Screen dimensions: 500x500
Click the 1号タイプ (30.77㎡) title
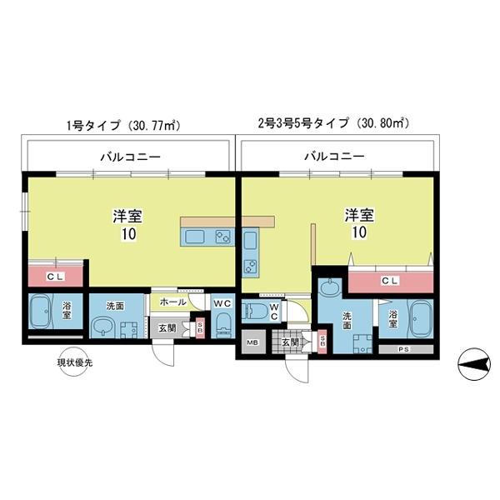124,126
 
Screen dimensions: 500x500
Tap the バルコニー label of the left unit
131,156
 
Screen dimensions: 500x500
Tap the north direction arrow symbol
472,362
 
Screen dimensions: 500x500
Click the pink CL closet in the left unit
55,275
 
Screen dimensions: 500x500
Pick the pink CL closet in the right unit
388,282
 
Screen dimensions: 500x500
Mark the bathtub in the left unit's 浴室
43,313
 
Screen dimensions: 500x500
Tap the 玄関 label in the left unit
166,327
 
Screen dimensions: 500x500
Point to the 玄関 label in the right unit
288,342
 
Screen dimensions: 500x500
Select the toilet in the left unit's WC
221,327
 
